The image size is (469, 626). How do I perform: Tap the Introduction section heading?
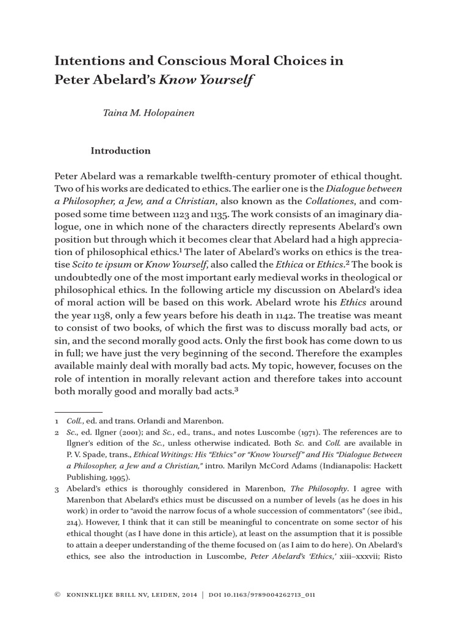click(120, 150)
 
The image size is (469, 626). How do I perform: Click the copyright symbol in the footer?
click(58, 594)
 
